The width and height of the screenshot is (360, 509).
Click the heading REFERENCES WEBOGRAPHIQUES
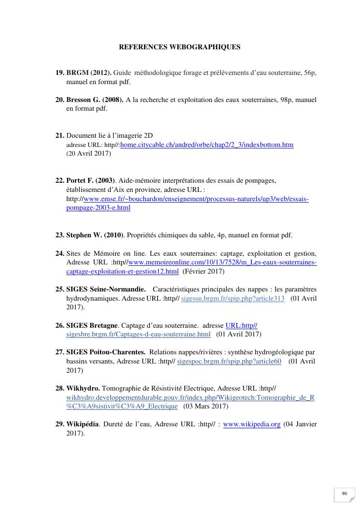point(180,47)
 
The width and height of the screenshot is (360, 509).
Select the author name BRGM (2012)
point(89,73)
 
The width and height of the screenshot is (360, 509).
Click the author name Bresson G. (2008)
point(95,100)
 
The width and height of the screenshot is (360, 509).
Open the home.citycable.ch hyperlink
point(207,145)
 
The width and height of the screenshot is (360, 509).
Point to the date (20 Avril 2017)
point(88,154)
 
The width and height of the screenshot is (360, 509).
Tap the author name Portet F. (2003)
point(90,181)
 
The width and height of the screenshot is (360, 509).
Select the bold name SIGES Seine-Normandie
point(106,289)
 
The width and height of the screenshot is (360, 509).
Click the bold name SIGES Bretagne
point(92,325)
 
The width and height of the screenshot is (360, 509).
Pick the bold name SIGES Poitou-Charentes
point(106,352)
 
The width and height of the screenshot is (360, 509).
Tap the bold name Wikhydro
point(83,388)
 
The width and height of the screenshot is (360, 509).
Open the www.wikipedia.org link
point(252,424)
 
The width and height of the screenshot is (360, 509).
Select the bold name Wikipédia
point(82,424)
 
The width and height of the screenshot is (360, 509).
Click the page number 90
point(345,494)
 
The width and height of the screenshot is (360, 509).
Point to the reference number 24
point(60,253)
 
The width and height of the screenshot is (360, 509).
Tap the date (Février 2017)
point(203,271)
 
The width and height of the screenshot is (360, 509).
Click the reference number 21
point(60,136)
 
